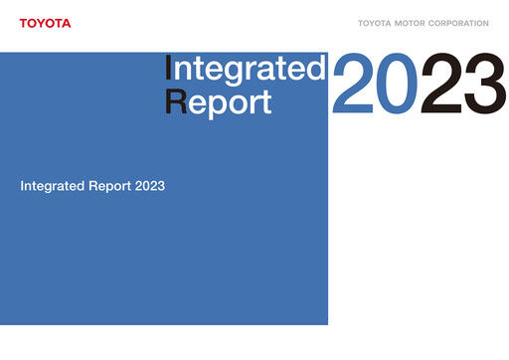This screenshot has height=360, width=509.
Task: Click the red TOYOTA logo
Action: tap(45, 23)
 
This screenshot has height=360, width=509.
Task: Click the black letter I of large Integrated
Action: tap(169, 69)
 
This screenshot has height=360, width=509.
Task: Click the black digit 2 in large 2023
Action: tap(441, 85)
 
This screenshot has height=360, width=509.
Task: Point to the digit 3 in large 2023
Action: tap(483, 85)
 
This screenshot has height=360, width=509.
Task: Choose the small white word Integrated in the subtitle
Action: tap(51, 186)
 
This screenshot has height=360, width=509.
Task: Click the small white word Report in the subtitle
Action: tap(106, 186)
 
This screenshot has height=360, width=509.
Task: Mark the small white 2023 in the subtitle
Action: tap(149, 186)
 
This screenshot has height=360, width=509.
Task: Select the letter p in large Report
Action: tap(219, 106)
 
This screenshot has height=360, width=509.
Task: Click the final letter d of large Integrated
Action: tap(316, 69)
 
